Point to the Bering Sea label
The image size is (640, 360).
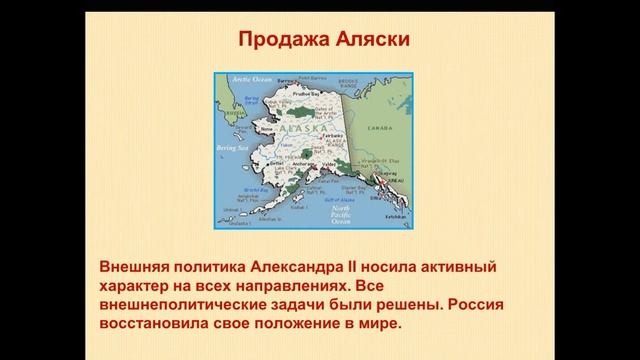[x=232, y=147]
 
